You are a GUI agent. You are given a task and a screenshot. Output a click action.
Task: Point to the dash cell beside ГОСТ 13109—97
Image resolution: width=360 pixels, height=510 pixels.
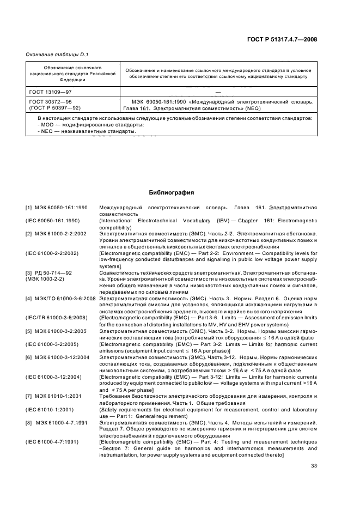(x=217, y=93)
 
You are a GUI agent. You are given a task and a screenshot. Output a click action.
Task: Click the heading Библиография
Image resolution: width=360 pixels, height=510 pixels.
(x=172, y=192)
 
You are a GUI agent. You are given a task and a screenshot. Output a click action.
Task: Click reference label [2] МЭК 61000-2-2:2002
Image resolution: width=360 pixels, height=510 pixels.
(x=53, y=233)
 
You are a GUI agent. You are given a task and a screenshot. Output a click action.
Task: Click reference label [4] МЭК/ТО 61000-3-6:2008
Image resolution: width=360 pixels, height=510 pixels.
(x=60, y=297)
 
